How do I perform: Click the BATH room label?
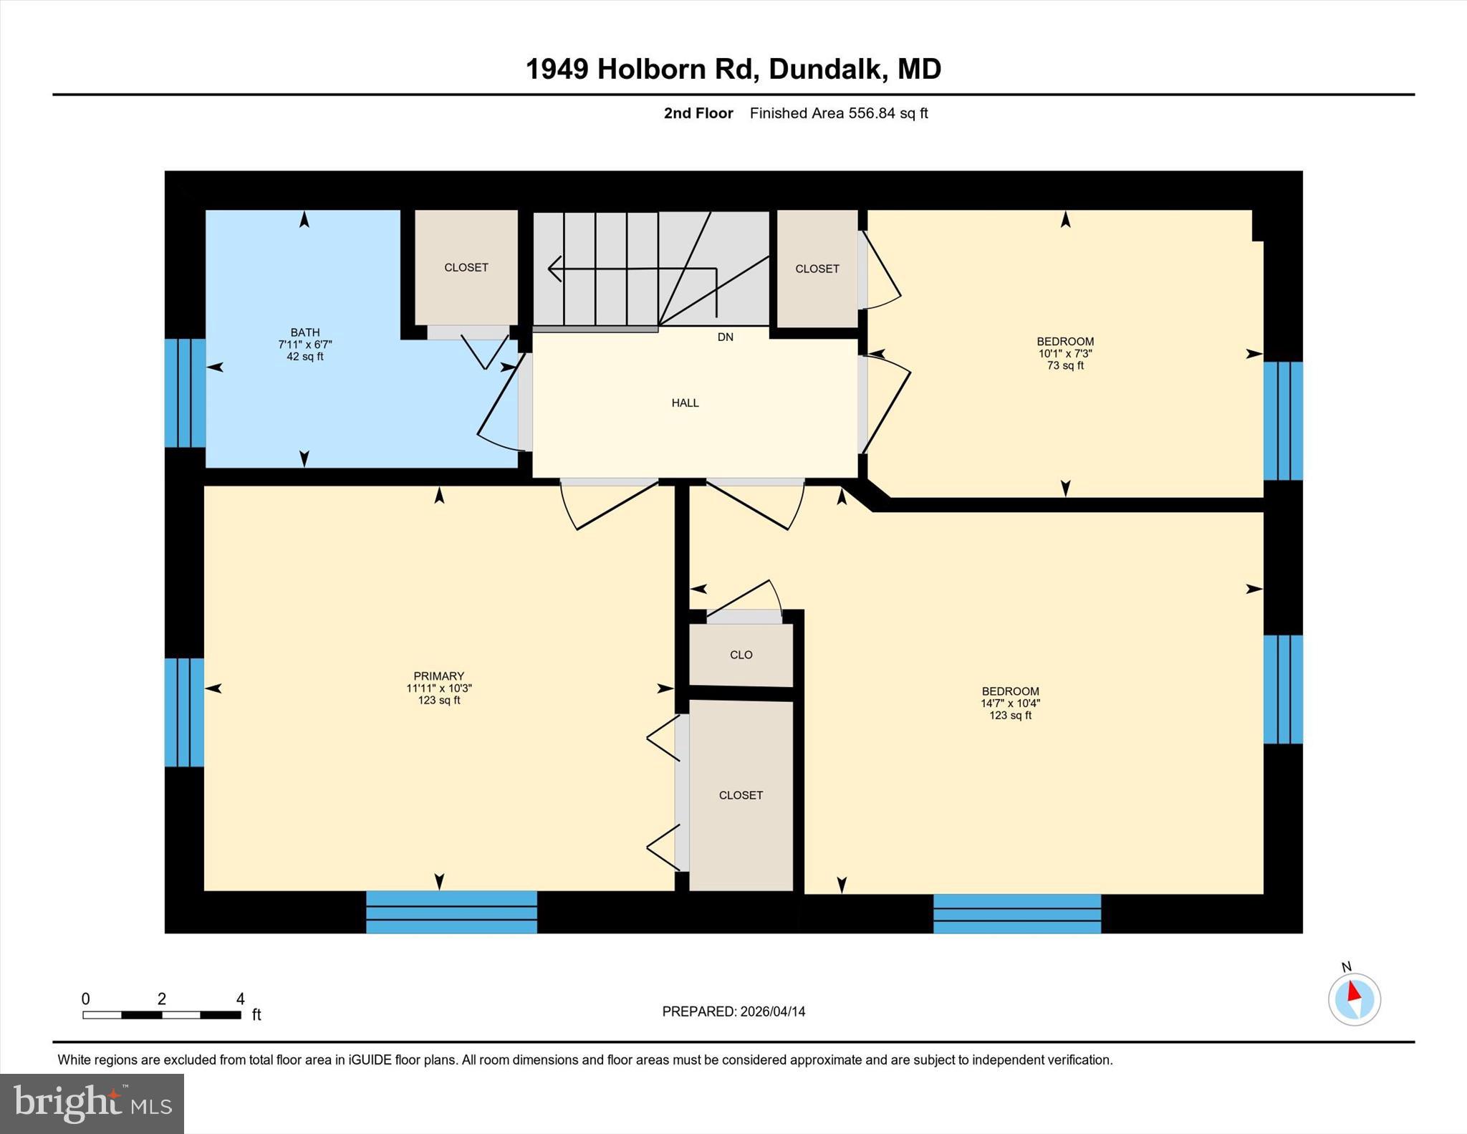click(x=304, y=332)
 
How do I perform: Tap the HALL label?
click(x=685, y=403)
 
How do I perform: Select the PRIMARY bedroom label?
click(x=438, y=676)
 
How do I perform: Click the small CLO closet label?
click(x=741, y=655)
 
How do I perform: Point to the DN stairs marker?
click(x=725, y=337)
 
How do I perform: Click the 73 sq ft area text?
click(x=1065, y=366)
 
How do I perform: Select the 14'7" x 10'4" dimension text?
click(x=1010, y=703)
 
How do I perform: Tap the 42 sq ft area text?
click(x=304, y=357)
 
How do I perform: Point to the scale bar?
click(x=161, y=1014)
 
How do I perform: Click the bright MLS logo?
click(x=92, y=1103)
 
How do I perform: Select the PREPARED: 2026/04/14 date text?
click(x=733, y=1012)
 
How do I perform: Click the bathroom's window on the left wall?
click(x=185, y=393)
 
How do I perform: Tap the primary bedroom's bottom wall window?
click(x=451, y=912)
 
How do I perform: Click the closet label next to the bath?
click(x=466, y=267)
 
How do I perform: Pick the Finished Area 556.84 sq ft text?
click(x=838, y=113)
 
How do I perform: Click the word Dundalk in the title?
click(x=824, y=69)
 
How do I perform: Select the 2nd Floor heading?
click(x=698, y=113)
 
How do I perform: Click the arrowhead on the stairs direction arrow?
click(x=554, y=269)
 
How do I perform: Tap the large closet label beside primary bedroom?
click(x=741, y=795)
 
